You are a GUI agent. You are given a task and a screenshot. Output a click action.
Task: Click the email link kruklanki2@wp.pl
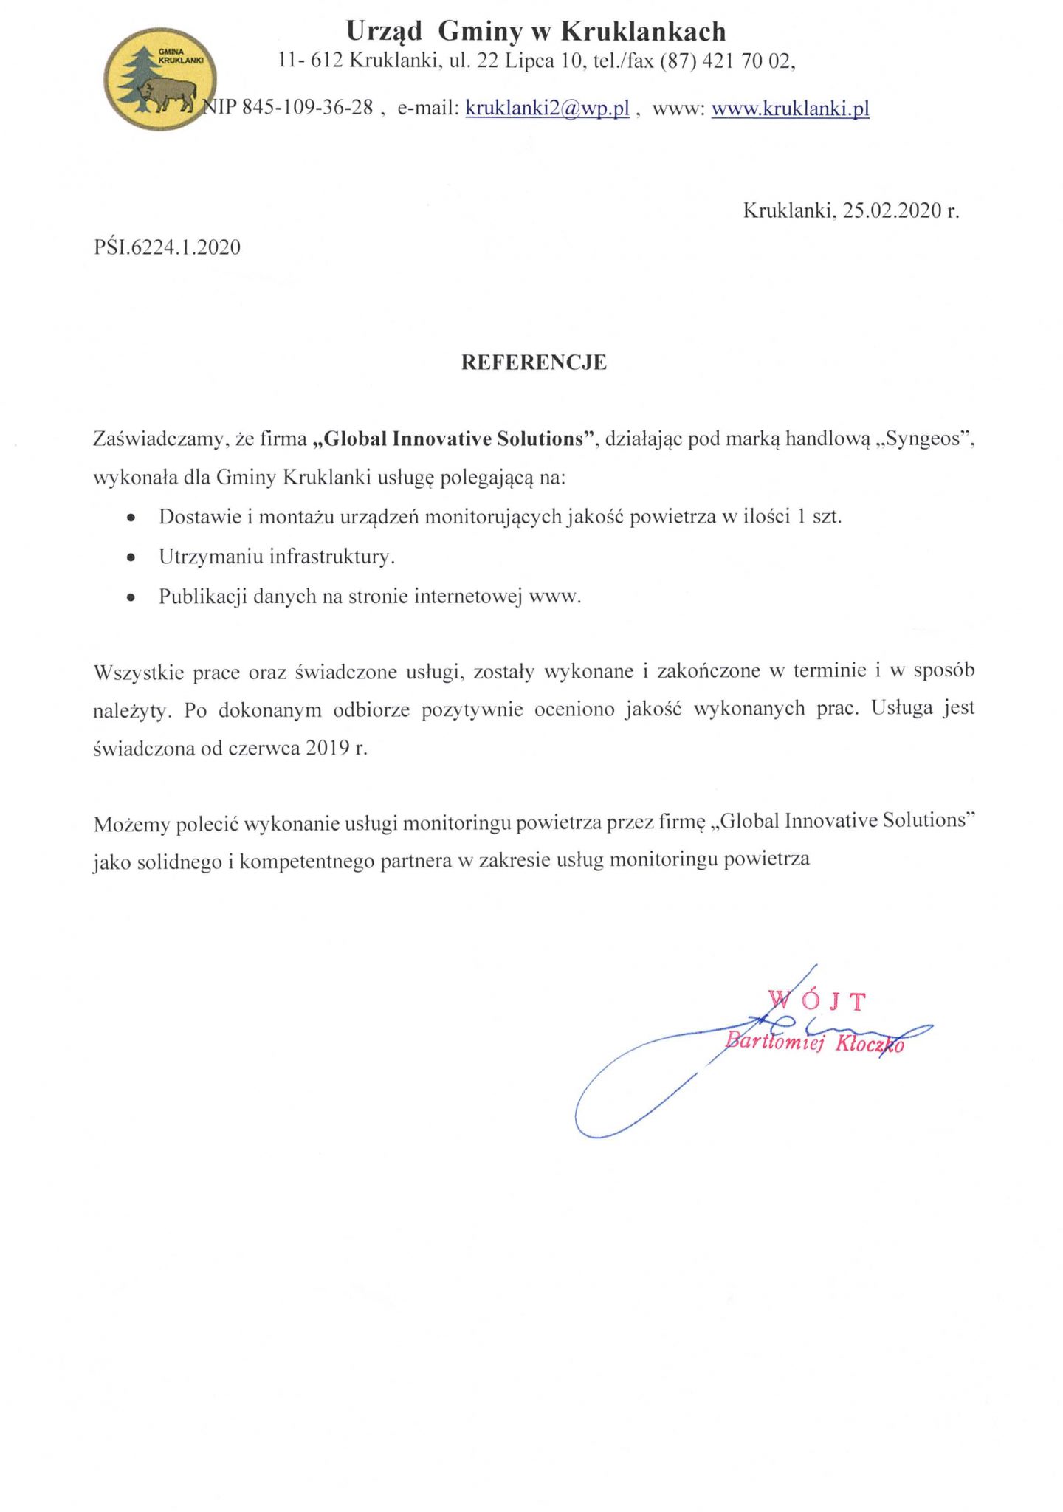pyautogui.click(x=547, y=109)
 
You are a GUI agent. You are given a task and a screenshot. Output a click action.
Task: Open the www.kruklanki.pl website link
pyautogui.click(x=790, y=109)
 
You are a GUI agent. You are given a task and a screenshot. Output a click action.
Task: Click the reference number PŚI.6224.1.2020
pyautogui.click(x=167, y=247)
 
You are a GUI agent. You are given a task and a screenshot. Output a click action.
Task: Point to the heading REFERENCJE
pyautogui.click(x=534, y=362)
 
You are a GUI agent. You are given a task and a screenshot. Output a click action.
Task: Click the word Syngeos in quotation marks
pyautogui.click(x=926, y=439)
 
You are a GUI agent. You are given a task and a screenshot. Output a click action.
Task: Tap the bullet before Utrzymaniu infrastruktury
pyautogui.click(x=131, y=557)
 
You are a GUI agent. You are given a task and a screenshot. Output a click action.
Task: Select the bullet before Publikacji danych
pyautogui.click(x=131, y=597)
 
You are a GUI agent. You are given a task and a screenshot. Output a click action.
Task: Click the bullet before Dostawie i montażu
pyautogui.click(x=131, y=518)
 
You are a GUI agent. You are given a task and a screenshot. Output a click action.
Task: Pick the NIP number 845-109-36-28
pyautogui.click(x=307, y=108)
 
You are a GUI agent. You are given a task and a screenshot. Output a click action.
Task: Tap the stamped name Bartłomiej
pyautogui.click(x=774, y=1042)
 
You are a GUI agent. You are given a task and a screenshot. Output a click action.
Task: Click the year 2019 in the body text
pyautogui.click(x=328, y=748)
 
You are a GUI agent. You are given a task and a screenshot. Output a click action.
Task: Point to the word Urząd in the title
pyautogui.click(x=384, y=32)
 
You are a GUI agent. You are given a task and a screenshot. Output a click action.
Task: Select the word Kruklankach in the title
pyautogui.click(x=643, y=32)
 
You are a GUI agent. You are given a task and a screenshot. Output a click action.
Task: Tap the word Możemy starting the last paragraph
pyautogui.click(x=131, y=824)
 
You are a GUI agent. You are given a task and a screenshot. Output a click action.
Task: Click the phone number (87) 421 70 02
pyautogui.click(x=726, y=61)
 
